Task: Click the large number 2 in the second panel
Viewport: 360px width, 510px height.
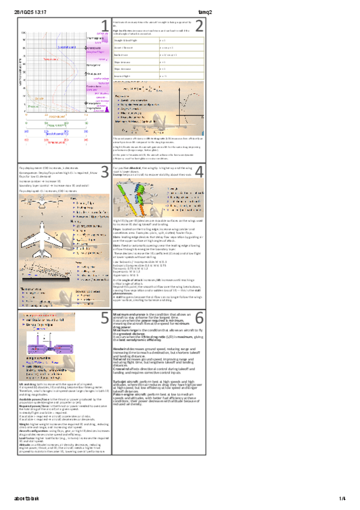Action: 200,25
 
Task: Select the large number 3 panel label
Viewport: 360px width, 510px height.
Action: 105,171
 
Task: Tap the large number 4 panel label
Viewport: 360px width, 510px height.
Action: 200,171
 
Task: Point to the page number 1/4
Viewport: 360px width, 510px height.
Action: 342,499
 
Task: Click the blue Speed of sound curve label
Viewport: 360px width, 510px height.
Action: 66,46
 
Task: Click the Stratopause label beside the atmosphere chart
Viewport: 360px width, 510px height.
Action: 94,73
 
